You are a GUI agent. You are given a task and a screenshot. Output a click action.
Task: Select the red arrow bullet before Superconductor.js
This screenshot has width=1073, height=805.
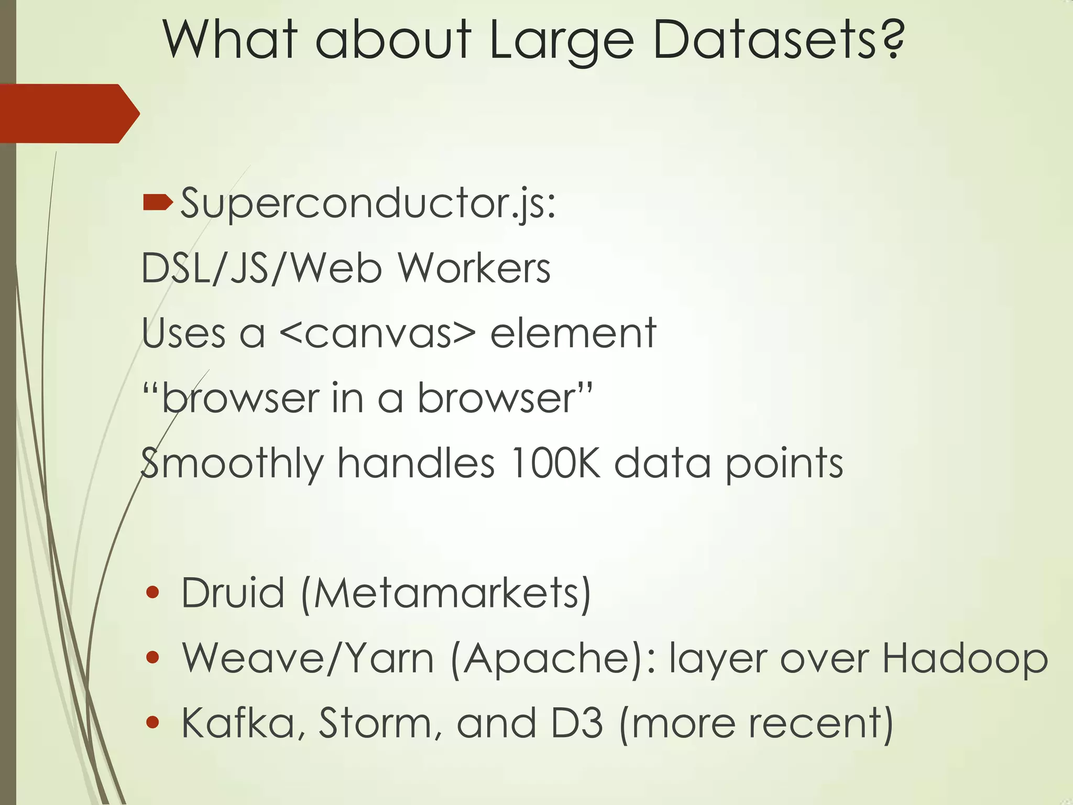click(x=157, y=202)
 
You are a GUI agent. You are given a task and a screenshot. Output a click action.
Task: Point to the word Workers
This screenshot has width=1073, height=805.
click(x=474, y=268)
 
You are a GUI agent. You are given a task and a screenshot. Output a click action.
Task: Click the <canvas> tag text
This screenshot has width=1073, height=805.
click(x=378, y=334)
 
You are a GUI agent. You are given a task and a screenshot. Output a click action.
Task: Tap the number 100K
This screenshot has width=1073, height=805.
click(x=555, y=463)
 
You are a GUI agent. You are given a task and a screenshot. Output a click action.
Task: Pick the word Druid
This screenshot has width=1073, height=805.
click(x=233, y=593)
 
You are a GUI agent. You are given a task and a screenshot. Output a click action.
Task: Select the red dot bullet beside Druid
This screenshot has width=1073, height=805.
click(x=152, y=593)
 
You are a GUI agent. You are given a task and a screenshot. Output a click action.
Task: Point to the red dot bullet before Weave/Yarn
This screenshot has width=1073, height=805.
click(x=152, y=657)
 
